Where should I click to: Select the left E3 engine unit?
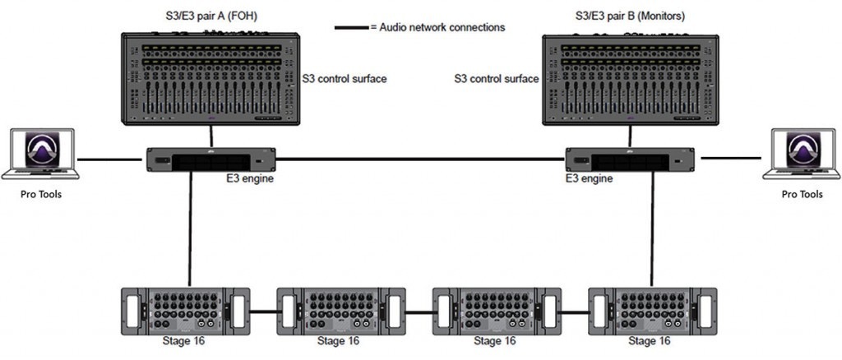210,159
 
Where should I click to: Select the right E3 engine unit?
631,159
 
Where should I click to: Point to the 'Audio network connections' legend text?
438,27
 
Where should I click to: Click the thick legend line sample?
351,27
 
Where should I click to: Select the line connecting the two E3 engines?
419,159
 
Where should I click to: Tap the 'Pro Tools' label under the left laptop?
40,195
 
